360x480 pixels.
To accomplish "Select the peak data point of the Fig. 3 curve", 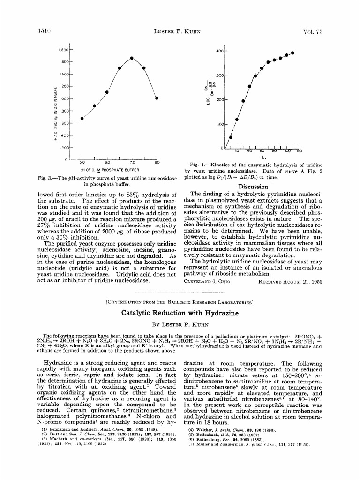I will click(132, 58).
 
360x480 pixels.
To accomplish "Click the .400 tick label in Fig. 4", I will click(220, 50).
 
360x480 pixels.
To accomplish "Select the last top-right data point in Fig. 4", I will click(293, 52).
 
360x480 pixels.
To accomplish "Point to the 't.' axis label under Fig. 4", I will click(264, 157).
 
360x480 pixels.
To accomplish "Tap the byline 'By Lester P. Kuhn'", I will click(180, 323).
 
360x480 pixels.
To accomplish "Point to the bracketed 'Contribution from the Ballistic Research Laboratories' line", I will click(180, 302).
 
